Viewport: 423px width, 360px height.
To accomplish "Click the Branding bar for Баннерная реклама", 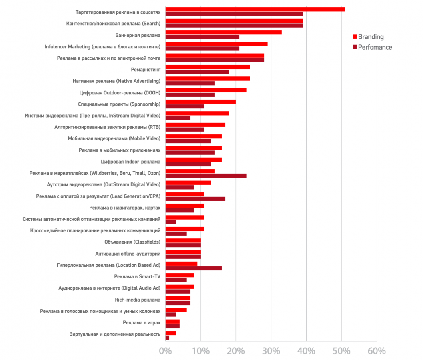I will [x=223, y=32].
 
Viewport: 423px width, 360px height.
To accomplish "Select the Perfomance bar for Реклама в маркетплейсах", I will [x=206, y=176].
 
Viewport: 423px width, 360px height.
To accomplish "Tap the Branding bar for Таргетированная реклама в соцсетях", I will [x=255, y=9].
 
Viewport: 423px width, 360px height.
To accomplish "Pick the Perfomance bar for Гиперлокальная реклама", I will [x=193, y=268].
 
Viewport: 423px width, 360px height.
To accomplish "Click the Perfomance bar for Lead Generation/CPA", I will [x=195, y=199].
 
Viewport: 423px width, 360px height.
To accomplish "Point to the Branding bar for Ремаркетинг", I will [x=208, y=67].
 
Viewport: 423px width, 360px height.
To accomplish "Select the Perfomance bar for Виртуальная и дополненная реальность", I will [x=167, y=338].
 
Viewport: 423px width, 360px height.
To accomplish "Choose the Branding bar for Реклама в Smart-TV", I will [x=179, y=275].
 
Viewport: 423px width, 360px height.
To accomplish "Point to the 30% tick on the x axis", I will [x=271, y=351].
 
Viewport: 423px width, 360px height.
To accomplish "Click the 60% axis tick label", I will [x=377, y=351].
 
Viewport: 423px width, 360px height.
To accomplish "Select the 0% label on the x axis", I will [x=165, y=351].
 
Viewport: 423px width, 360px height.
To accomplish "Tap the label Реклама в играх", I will [x=142, y=323].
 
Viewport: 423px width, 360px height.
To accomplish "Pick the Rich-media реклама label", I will [x=137, y=300].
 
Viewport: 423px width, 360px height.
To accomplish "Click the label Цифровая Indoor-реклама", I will [x=131, y=162].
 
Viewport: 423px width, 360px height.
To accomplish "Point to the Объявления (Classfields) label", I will [x=132, y=242].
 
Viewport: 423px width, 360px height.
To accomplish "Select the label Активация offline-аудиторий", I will [x=128, y=254].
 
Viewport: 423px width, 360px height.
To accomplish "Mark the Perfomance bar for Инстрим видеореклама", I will [x=178, y=118].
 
